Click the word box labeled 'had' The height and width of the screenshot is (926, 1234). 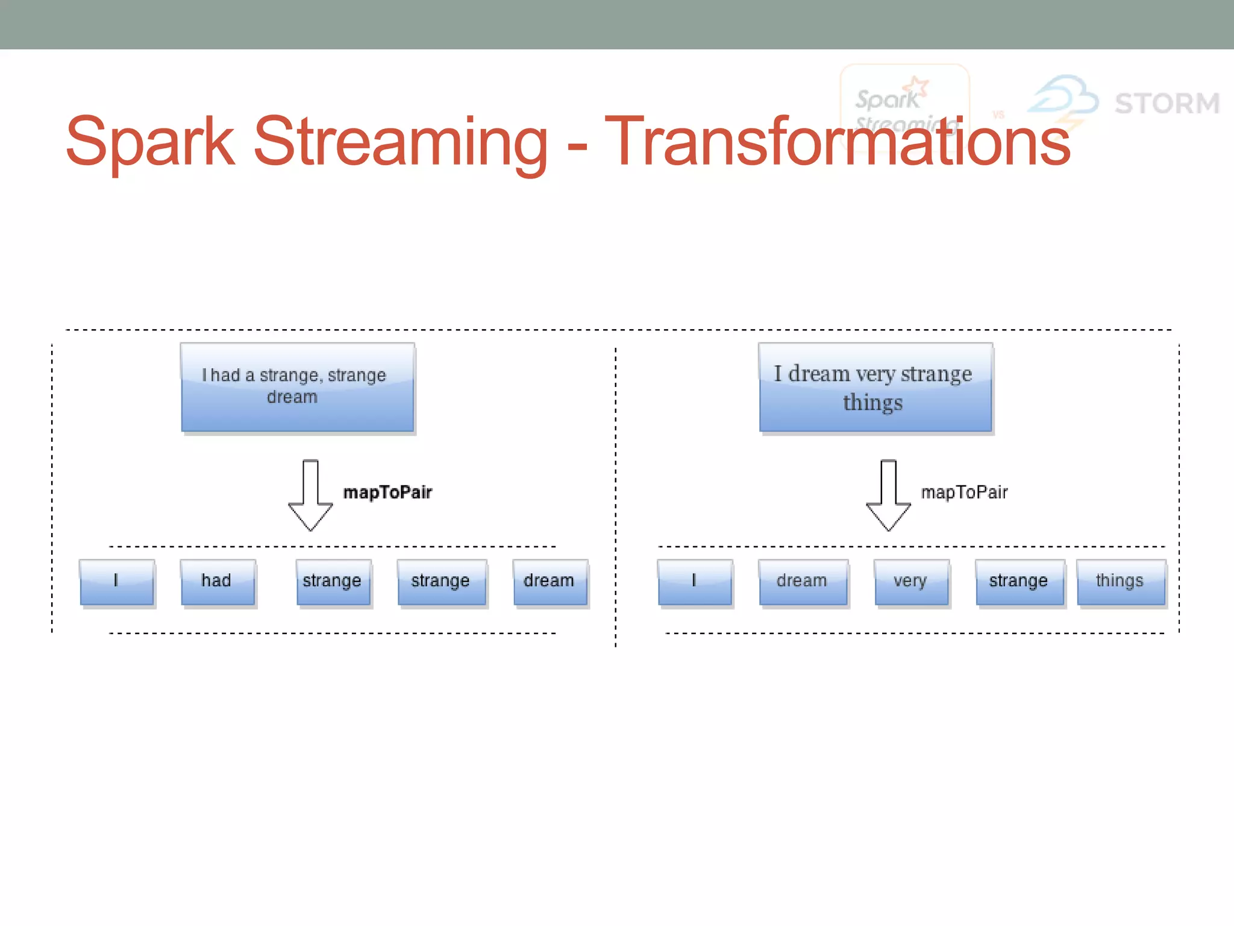[x=217, y=582]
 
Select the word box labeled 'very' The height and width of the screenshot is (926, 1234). [x=911, y=582]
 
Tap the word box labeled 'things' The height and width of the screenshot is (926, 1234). [x=1120, y=582]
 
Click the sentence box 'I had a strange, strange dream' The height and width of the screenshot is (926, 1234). [x=297, y=387]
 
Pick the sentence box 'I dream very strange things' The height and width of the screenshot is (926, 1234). [x=875, y=387]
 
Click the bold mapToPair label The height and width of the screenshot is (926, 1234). [x=387, y=493]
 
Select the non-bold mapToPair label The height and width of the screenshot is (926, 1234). [x=964, y=493]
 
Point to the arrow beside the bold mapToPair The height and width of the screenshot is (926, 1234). [x=310, y=496]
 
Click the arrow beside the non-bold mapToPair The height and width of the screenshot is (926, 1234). [x=888, y=496]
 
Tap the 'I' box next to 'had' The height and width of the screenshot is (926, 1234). [x=116, y=582]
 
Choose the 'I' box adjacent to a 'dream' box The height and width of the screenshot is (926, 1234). [x=694, y=582]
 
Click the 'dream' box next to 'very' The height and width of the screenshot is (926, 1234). [x=803, y=582]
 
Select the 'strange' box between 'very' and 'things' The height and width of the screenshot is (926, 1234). [x=1019, y=582]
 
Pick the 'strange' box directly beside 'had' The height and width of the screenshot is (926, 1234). [x=333, y=582]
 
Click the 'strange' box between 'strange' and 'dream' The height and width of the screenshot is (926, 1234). [x=441, y=582]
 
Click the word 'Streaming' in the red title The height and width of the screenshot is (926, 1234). [x=400, y=142]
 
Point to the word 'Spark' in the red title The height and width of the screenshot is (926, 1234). [x=150, y=142]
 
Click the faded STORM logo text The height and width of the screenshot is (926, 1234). [x=1167, y=103]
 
